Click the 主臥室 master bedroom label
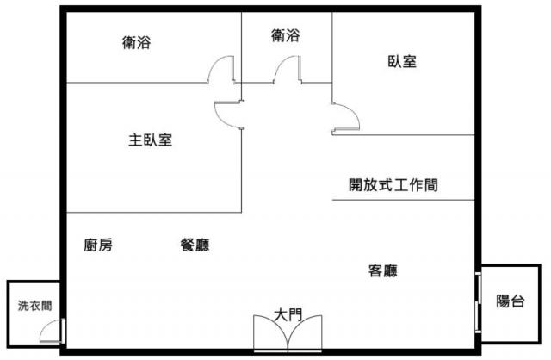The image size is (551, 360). tap(150, 140)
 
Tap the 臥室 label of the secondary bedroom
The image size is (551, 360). tap(402, 61)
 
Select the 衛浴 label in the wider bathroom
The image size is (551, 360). tap(136, 42)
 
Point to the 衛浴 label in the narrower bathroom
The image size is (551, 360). tap(285, 35)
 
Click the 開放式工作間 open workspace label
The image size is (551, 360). tap(393, 185)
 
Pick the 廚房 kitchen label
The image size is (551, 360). tap(98, 245)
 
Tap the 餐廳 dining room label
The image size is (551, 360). tap(195, 245)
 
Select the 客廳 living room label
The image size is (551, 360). tap(383, 270)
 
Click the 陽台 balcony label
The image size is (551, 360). tap(511, 301)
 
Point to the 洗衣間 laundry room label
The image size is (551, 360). tap(34, 306)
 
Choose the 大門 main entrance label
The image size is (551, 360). tap(288, 314)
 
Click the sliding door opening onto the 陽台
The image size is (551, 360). tap(478, 302)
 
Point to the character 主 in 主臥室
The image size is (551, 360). tap(135, 140)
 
